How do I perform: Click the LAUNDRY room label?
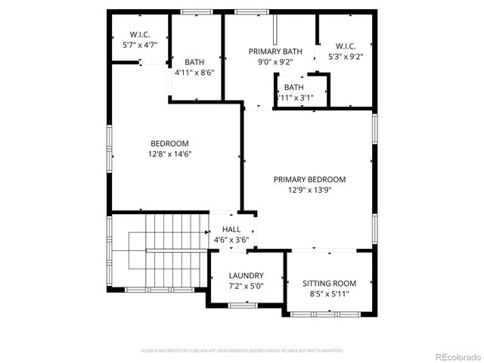(246, 275)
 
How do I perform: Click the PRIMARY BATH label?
(275, 51)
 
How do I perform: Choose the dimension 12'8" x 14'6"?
(169, 154)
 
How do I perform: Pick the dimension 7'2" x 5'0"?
(246, 287)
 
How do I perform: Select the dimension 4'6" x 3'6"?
(231, 240)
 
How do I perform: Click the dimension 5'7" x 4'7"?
(140, 45)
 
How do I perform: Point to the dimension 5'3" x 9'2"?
(346, 56)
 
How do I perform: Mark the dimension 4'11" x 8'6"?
(194, 73)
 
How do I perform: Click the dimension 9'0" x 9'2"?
(275, 62)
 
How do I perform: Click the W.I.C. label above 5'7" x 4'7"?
(140, 35)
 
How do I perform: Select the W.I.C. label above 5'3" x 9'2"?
(346, 45)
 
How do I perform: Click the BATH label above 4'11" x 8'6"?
(194, 63)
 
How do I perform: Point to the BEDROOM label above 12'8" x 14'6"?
(169, 144)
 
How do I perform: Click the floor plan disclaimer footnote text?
(242, 351)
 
